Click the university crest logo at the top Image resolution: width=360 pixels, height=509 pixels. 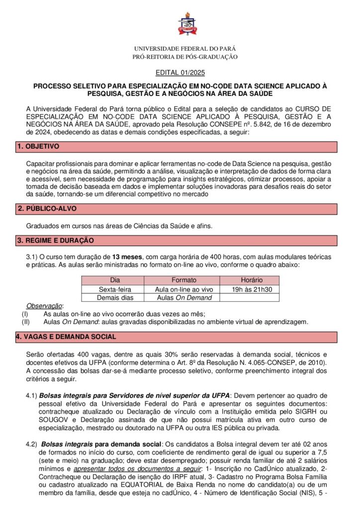point(187,24)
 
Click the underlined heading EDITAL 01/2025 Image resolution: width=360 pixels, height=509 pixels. point(180,73)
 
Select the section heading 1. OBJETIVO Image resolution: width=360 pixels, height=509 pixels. point(38,147)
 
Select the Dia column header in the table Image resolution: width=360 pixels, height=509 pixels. point(115,280)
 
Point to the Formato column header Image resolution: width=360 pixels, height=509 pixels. point(184,280)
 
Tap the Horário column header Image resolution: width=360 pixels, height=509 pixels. point(251,280)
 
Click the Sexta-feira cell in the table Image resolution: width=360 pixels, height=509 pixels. point(115,289)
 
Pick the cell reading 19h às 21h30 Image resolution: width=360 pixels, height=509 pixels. point(251,289)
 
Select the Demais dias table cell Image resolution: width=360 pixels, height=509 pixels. point(115,298)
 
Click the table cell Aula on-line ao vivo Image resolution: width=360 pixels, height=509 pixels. point(184,289)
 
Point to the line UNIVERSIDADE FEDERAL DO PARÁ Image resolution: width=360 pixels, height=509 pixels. point(185,49)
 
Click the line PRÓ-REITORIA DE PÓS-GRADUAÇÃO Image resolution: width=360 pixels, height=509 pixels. point(185,57)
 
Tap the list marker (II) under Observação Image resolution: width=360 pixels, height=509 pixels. point(26,322)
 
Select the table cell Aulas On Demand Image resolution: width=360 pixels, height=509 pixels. point(184,298)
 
